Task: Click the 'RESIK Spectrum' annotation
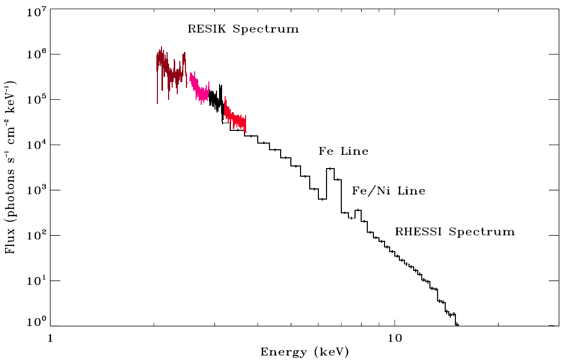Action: (243, 29)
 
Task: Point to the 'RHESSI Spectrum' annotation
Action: (455, 232)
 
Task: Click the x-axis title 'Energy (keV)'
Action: (305, 352)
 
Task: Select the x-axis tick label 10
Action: (395, 338)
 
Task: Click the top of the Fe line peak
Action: (330, 169)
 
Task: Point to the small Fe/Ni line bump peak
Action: (358, 210)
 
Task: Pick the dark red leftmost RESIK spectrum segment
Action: (171, 71)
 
